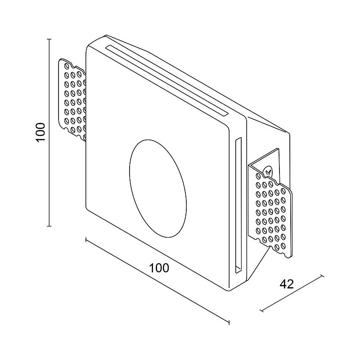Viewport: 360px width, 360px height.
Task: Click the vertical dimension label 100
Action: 40,132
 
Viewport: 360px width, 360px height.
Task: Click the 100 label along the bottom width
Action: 159,268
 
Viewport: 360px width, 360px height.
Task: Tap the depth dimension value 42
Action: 287,284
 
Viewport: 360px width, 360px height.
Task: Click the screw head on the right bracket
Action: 268,171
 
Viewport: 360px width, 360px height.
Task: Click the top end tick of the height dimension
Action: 49,40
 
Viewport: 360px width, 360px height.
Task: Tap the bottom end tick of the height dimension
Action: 49,226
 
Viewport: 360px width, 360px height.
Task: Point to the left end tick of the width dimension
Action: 86,239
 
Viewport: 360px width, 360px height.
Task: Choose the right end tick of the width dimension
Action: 229,322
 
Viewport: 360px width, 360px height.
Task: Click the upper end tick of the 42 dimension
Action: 322,275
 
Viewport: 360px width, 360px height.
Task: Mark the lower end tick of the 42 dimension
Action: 261,310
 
